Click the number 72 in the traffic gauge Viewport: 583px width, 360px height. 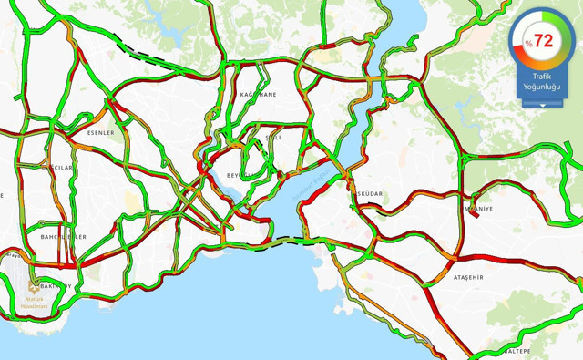(x=544, y=40)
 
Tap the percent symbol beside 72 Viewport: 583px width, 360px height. (x=528, y=44)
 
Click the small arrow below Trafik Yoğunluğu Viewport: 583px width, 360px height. (x=543, y=106)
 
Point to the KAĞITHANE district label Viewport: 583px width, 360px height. (x=257, y=94)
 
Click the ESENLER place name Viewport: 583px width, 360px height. (x=100, y=133)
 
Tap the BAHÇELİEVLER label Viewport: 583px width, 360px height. (x=63, y=236)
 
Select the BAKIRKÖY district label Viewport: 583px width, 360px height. (x=56, y=285)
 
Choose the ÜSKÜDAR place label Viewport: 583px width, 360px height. (x=369, y=194)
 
